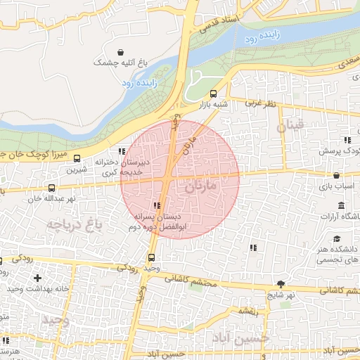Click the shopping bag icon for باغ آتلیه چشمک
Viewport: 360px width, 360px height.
tap(122, 52)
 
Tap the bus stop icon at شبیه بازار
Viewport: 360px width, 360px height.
tap(213, 94)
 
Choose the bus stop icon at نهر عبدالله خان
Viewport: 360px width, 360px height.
tap(51, 188)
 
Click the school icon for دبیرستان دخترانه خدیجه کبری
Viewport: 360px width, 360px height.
tap(122, 150)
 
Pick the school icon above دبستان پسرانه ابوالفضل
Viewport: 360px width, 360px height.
tap(156, 206)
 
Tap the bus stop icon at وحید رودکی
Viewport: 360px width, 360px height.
tap(151, 257)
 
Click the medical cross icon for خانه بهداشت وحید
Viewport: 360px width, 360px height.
tap(37, 278)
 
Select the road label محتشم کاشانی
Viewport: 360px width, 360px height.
tap(191, 279)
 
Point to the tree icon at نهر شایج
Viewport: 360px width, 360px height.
tap(281, 284)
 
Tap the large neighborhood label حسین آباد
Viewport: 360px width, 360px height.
tap(243, 338)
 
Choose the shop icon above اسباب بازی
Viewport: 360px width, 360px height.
tap(336, 175)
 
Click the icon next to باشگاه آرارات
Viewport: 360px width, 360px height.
tap(341, 205)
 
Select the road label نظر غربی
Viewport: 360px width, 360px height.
tap(260, 103)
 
